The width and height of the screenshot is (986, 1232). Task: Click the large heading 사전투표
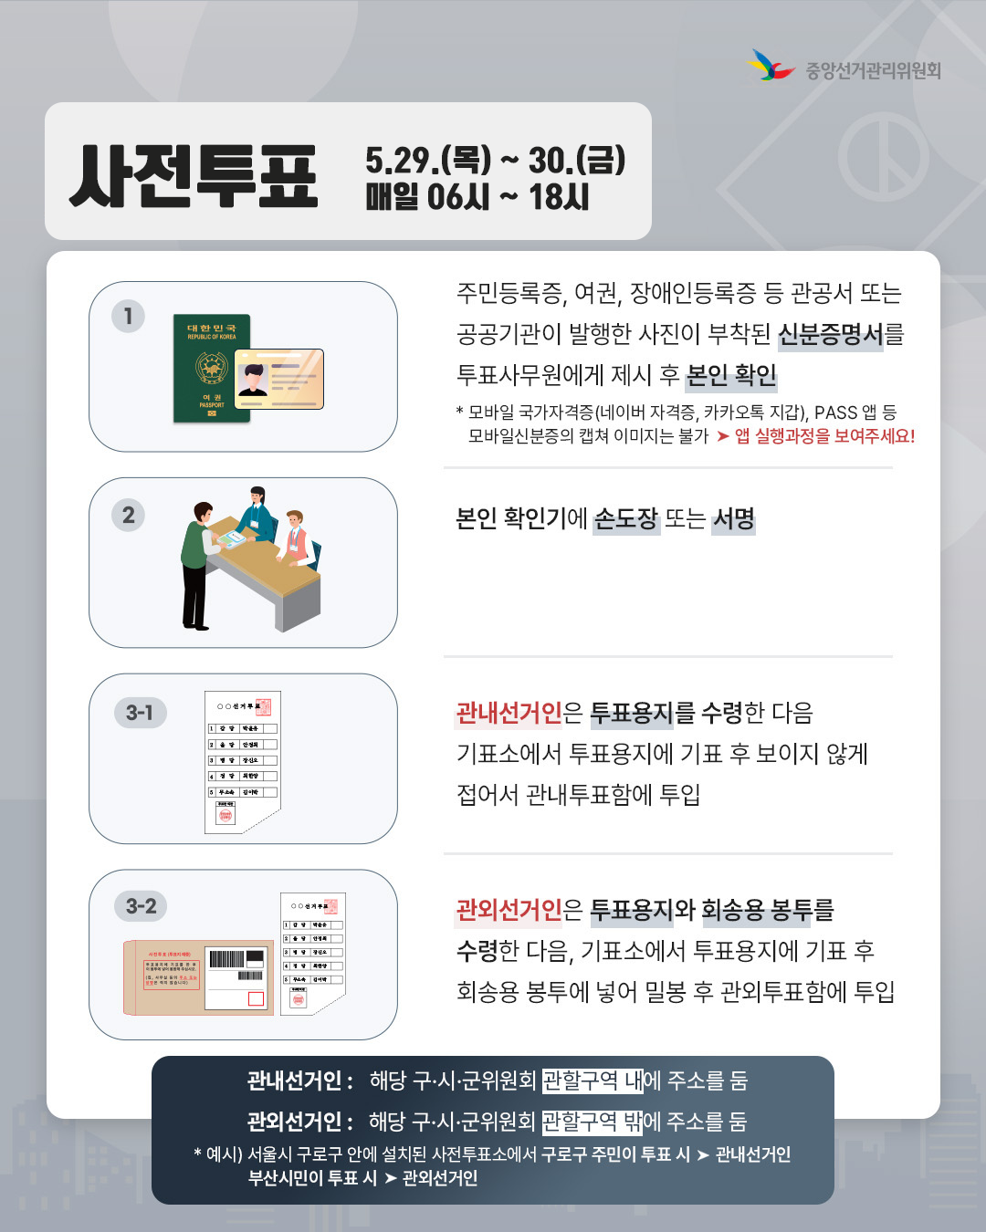(x=194, y=176)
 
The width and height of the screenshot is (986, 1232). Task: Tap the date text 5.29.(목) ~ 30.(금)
(x=495, y=160)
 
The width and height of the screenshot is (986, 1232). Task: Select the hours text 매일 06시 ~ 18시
(x=477, y=197)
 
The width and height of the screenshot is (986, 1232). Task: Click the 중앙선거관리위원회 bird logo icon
(x=771, y=66)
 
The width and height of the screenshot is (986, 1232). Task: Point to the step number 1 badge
(x=128, y=316)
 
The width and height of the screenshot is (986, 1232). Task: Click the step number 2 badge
(x=128, y=516)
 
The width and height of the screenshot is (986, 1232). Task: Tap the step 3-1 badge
(x=140, y=713)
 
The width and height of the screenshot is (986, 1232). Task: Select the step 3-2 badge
(x=141, y=906)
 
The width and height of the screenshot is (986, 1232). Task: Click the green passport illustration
(x=210, y=368)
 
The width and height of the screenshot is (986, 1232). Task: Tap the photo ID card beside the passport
(x=279, y=379)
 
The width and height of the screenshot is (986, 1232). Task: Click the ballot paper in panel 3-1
(x=242, y=762)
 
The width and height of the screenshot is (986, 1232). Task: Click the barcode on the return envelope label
(x=226, y=959)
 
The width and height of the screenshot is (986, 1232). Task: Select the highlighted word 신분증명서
(x=830, y=335)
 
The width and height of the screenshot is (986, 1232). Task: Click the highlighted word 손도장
(x=625, y=519)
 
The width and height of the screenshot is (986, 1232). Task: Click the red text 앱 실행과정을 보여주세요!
(x=824, y=436)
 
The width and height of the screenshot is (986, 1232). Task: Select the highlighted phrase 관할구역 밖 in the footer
(x=593, y=1122)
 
